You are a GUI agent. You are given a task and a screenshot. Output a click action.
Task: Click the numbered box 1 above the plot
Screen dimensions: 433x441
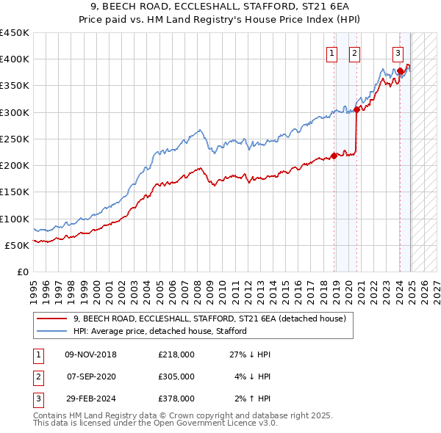[331, 53]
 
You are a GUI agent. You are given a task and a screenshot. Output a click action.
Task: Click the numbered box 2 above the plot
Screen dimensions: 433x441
[354, 53]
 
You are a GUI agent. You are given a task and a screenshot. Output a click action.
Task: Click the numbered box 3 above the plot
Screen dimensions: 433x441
[398, 53]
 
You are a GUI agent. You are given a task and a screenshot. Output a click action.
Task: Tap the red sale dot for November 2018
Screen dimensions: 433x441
[334, 156]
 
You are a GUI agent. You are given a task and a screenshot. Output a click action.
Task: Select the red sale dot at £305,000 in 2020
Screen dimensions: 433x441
[356, 109]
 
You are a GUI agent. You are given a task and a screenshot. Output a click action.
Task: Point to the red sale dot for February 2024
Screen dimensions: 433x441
[401, 70]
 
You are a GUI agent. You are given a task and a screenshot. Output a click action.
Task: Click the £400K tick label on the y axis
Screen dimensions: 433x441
[14, 59]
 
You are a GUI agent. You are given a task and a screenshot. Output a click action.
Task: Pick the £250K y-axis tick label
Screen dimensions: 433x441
[14, 139]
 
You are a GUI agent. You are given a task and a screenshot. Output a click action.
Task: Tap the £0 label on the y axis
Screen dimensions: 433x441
[22, 272]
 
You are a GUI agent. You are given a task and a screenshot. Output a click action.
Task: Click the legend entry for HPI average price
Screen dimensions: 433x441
[159, 331]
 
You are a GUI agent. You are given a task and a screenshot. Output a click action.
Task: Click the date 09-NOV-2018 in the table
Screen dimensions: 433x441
[90, 354]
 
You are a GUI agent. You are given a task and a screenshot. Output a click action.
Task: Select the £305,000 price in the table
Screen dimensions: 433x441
[176, 376]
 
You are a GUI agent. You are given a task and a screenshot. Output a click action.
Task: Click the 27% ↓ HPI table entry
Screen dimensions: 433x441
[250, 354]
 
